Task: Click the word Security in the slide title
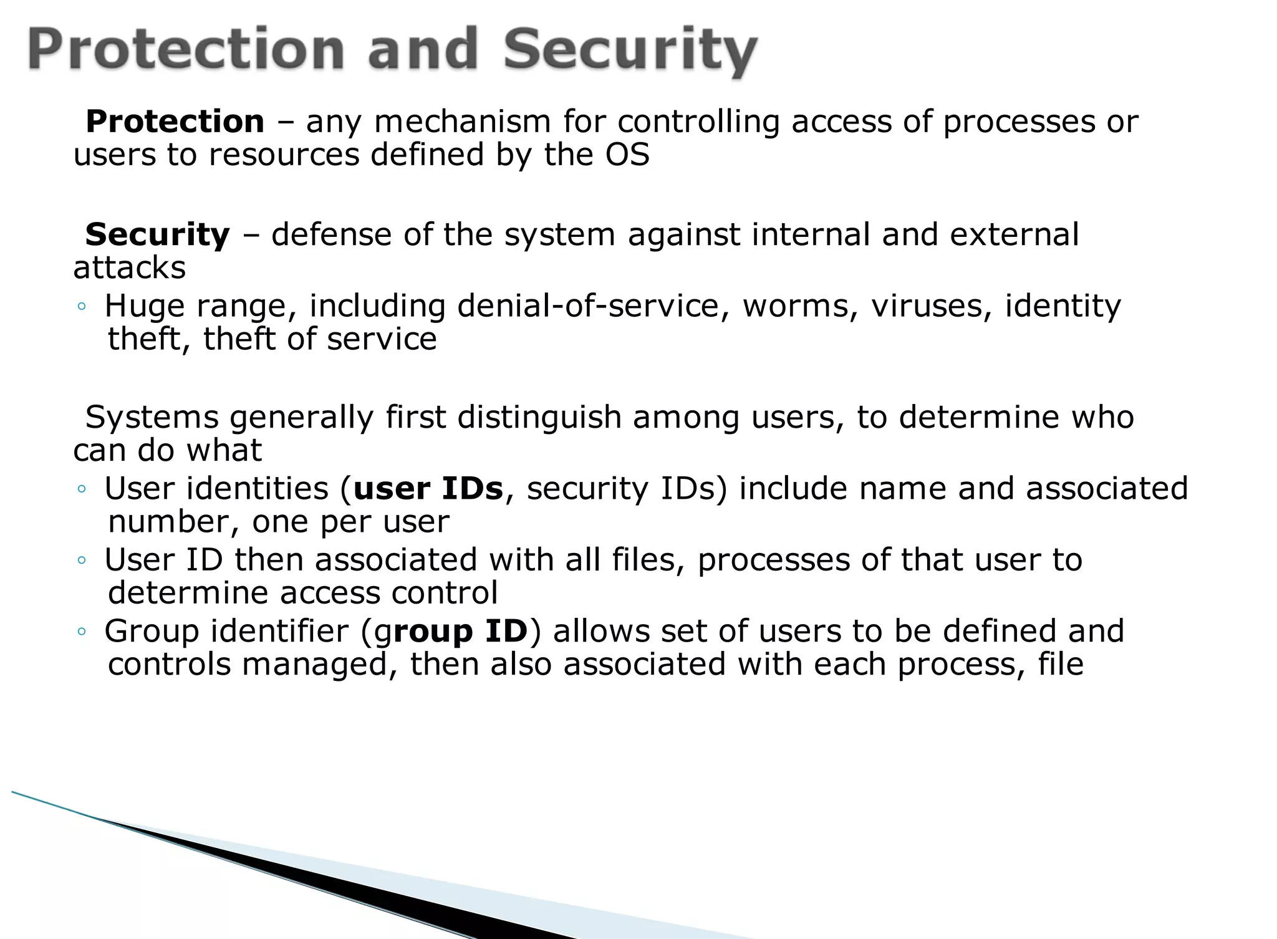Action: (x=630, y=51)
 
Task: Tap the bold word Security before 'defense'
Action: (x=157, y=235)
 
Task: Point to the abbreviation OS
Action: (x=627, y=155)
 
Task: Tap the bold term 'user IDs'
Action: (x=428, y=488)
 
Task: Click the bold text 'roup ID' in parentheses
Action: (x=461, y=631)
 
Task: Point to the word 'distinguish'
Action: (x=539, y=417)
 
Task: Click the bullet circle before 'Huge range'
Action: (x=82, y=307)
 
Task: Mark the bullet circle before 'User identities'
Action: (x=82, y=489)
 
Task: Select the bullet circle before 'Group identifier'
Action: (x=82, y=632)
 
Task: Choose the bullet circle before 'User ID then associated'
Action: (x=82, y=561)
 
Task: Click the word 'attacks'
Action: (x=130, y=268)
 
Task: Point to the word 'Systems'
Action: (x=152, y=417)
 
